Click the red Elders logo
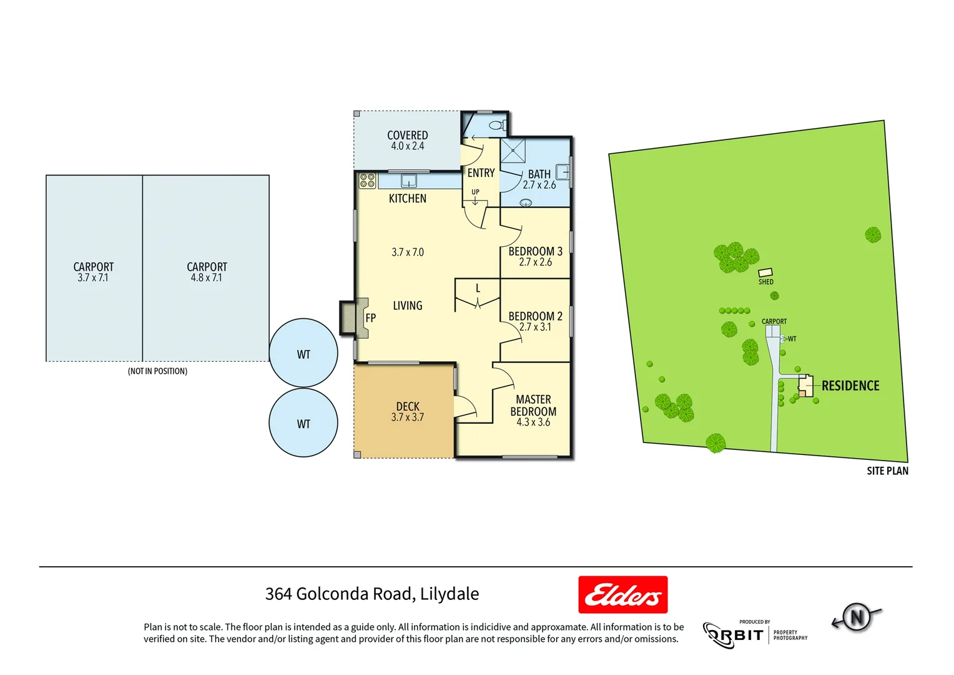[x=622, y=594]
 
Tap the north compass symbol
[x=857, y=617]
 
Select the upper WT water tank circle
[x=303, y=353]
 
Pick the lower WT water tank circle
[x=303, y=423]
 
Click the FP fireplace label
[x=370, y=317]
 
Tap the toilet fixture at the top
[x=496, y=126]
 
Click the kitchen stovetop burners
[x=367, y=181]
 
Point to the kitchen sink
[x=408, y=181]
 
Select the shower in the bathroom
[x=513, y=151]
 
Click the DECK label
[x=408, y=406]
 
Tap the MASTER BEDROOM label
[x=533, y=405]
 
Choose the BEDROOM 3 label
[x=535, y=251]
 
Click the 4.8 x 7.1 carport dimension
[x=207, y=277]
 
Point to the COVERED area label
[x=407, y=135]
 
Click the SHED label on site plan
[x=766, y=282]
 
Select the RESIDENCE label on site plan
[x=850, y=386]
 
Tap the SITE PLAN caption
[x=887, y=471]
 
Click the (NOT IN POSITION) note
[x=157, y=371]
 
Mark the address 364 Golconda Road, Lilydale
[x=372, y=594]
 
